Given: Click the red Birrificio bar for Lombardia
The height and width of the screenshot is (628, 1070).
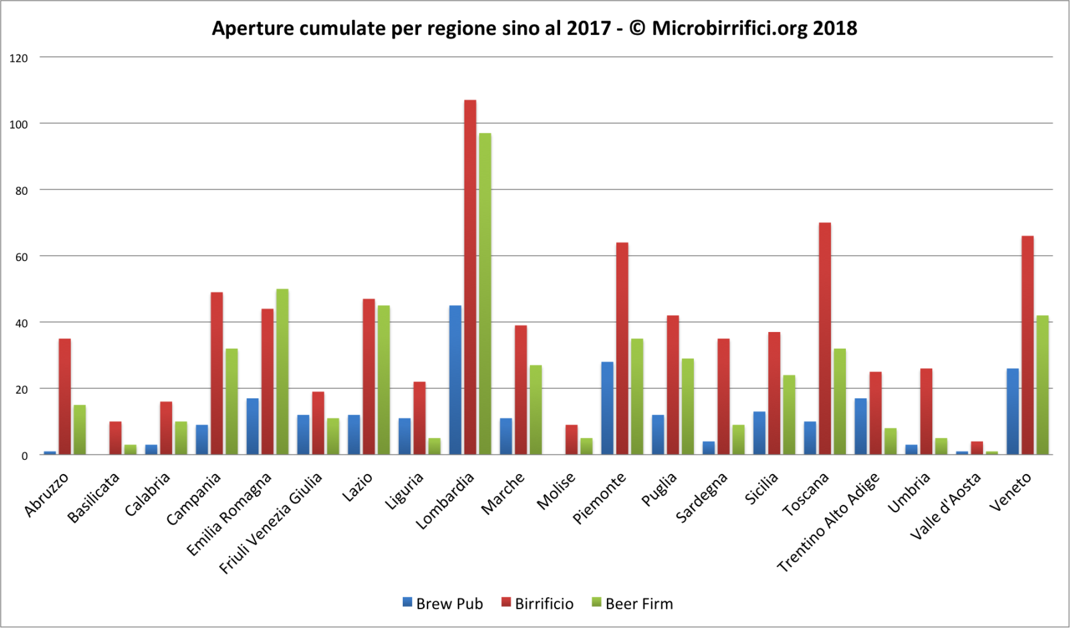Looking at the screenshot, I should click(x=470, y=277).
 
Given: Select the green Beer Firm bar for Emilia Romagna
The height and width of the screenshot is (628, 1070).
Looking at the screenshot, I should click(x=282, y=372).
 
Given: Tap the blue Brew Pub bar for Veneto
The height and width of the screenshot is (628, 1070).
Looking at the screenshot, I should click(x=1012, y=412).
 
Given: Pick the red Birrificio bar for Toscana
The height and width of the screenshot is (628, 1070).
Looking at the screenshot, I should click(x=824, y=339).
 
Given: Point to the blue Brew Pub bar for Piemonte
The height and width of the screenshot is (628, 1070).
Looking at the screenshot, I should click(x=607, y=408).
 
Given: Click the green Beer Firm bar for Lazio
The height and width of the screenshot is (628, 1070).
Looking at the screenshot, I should click(x=383, y=380).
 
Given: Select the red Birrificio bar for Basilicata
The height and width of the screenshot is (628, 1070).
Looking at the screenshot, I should click(x=115, y=438).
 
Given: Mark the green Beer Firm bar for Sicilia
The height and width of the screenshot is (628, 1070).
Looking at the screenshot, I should click(x=789, y=415).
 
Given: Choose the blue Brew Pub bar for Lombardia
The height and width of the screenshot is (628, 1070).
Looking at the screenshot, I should click(x=455, y=380).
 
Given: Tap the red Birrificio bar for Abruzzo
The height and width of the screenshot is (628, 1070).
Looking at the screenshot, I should click(x=65, y=396).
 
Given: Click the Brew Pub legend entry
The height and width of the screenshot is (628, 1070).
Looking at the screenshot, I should click(x=442, y=603).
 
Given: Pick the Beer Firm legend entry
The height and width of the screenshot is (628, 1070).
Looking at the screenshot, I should click(x=632, y=603).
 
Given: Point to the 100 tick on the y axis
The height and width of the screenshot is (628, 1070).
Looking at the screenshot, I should click(x=19, y=125).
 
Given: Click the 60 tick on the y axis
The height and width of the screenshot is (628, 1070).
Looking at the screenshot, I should click(x=21, y=257).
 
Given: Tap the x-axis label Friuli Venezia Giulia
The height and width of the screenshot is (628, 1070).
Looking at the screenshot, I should click(x=272, y=522).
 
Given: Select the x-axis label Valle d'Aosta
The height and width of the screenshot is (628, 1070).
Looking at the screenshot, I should click(x=946, y=506).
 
